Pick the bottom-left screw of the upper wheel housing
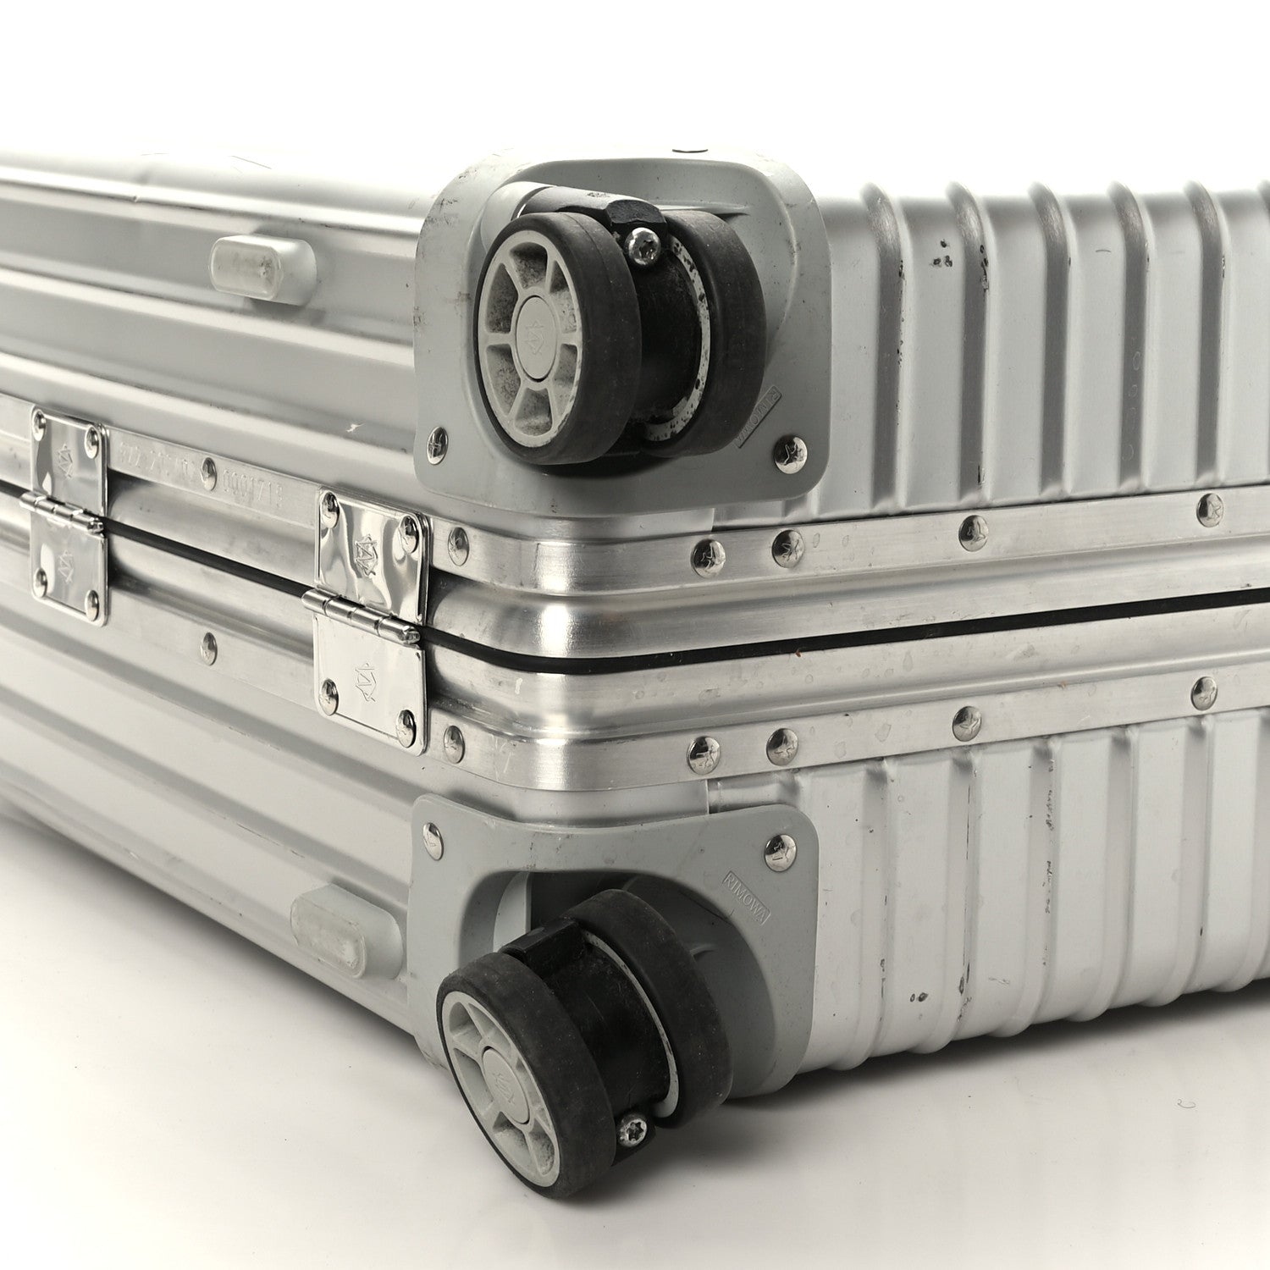point(438,441)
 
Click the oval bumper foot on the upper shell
point(263,270)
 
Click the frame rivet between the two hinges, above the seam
point(208,471)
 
